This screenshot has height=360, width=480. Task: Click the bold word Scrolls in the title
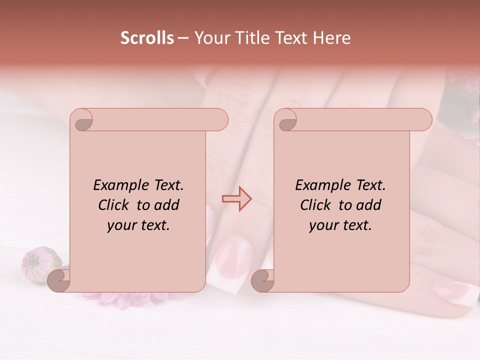tap(147, 38)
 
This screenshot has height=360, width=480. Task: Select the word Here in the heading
tap(331, 38)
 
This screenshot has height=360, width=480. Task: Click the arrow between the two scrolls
tap(236, 198)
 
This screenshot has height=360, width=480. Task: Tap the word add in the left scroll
tap(166, 205)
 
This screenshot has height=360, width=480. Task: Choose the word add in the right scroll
tap(368, 205)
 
